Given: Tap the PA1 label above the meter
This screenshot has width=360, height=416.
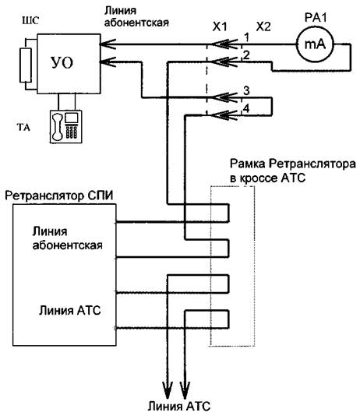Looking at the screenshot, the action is (316, 18).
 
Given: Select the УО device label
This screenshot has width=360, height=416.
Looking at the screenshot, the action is (62, 63).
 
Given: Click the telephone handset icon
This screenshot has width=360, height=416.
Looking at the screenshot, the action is (58, 126).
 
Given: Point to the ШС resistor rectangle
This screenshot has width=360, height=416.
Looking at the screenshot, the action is (26, 65).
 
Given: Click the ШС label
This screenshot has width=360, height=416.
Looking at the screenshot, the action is (30, 20).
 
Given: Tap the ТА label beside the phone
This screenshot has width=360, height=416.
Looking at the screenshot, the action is (23, 128).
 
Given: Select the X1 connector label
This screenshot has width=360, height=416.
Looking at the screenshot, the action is (220, 26).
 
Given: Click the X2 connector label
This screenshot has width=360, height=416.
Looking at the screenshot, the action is (263, 26).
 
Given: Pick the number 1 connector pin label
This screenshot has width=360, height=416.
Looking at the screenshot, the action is (247, 37).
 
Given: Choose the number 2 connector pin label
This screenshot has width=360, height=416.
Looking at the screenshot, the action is (246, 55).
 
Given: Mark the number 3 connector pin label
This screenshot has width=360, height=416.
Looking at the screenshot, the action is (246, 90).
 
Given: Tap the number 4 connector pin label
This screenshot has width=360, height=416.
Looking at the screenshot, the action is (246, 108).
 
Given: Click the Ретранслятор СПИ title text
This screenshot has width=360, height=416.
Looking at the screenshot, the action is (59, 196).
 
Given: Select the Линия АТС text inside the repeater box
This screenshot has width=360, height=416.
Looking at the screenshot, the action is (70, 310).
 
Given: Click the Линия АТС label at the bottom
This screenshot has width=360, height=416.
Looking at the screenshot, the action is (178, 406).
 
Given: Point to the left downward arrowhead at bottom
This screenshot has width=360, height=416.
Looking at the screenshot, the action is (168, 390).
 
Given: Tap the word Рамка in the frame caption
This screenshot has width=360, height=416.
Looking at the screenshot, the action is (248, 164).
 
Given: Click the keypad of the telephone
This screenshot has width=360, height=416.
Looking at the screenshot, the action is (72, 132).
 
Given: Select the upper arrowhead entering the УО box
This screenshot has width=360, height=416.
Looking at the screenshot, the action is (108, 44).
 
